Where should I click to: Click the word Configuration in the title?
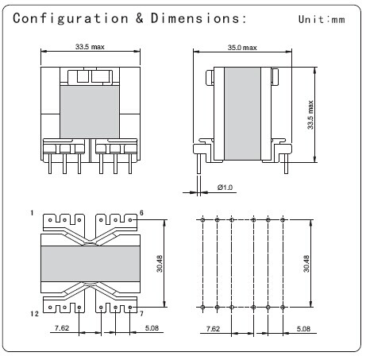pyautogui.click(x=71, y=18)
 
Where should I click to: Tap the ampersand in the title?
pyautogui.click(x=140, y=18)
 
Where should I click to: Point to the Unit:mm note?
pyautogui.click(x=322, y=19)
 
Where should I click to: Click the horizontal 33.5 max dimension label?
pyautogui.click(x=90, y=47)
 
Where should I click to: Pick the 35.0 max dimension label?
pyautogui.click(x=242, y=48)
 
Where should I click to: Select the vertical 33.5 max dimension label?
pyautogui.click(x=310, y=114)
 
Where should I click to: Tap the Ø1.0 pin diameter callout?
pyautogui.click(x=225, y=188)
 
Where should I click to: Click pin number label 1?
pyautogui.click(x=32, y=213)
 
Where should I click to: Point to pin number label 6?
pyautogui.click(x=141, y=213)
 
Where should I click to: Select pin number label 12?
pyautogui.click(x=34, y=314)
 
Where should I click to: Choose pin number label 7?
pyautogui.click(x=141, y=314)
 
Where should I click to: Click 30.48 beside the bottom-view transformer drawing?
pyautogui.click(x=160, y=264)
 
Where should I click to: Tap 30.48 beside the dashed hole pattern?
pyautogui.click(x=306, y=264)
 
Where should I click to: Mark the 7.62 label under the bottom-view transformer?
pyautogui.click(x=62, y=328)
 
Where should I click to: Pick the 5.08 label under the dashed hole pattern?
pyautogui.click(x=303, y=329)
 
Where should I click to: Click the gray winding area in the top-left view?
pyautogui.click(x=90, y=112)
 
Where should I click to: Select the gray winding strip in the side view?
pyautogui.click(x=242, y=114)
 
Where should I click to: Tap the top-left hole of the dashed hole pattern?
pyautogui.click(x=202, y=220)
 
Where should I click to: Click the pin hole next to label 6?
pyautogui.click(x=130, y=220)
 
